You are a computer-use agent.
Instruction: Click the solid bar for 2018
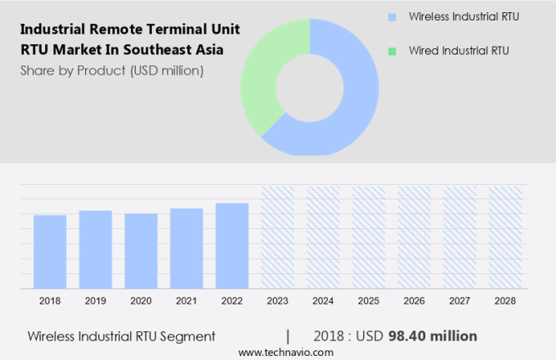click(x=50, y=251)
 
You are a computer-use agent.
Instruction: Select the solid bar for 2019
click(x=96, y=249)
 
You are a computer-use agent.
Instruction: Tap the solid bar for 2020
click(x=141, y=250)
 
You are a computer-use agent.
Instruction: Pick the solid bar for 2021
click(x=186, y=248)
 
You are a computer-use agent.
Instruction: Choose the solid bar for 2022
click(x=232, y=245)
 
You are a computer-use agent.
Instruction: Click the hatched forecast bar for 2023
click(x=277, y=236)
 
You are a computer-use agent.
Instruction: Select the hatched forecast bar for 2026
click(x=414, y=236)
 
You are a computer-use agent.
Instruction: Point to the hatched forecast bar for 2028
click(x=504, y=236)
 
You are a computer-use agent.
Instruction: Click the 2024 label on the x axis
click(x=323, y=301)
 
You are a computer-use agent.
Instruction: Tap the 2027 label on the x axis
click(x=460, y=301)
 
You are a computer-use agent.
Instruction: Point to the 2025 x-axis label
click(x=368, y=301)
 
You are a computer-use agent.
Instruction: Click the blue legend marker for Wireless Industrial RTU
click(x=393, y=16)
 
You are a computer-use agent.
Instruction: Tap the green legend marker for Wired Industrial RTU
click(x=393, y=51)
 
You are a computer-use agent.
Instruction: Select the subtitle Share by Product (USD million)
click(x=112, y=70)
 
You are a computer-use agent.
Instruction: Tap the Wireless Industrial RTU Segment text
click(x=121, y=335)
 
